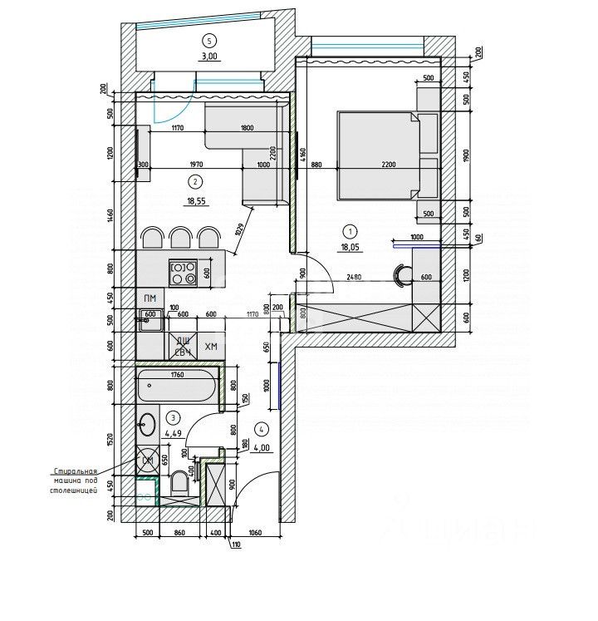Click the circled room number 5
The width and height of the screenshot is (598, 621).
coord(208,40)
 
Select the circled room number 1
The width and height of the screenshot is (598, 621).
coord(350,232)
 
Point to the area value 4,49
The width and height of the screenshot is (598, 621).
coord(172,431)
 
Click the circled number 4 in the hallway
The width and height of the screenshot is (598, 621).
coord(262,429)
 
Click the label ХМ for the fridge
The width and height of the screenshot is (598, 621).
coord(211,347)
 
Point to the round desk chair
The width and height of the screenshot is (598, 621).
coord(403,274)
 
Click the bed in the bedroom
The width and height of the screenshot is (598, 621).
coord(378,155)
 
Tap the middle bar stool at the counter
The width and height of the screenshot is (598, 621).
coord(181,239)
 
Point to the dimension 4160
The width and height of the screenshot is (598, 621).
coord(303,154)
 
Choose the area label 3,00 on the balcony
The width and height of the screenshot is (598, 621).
coord(208,57)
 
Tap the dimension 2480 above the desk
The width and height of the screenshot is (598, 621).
coord(352,278)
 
